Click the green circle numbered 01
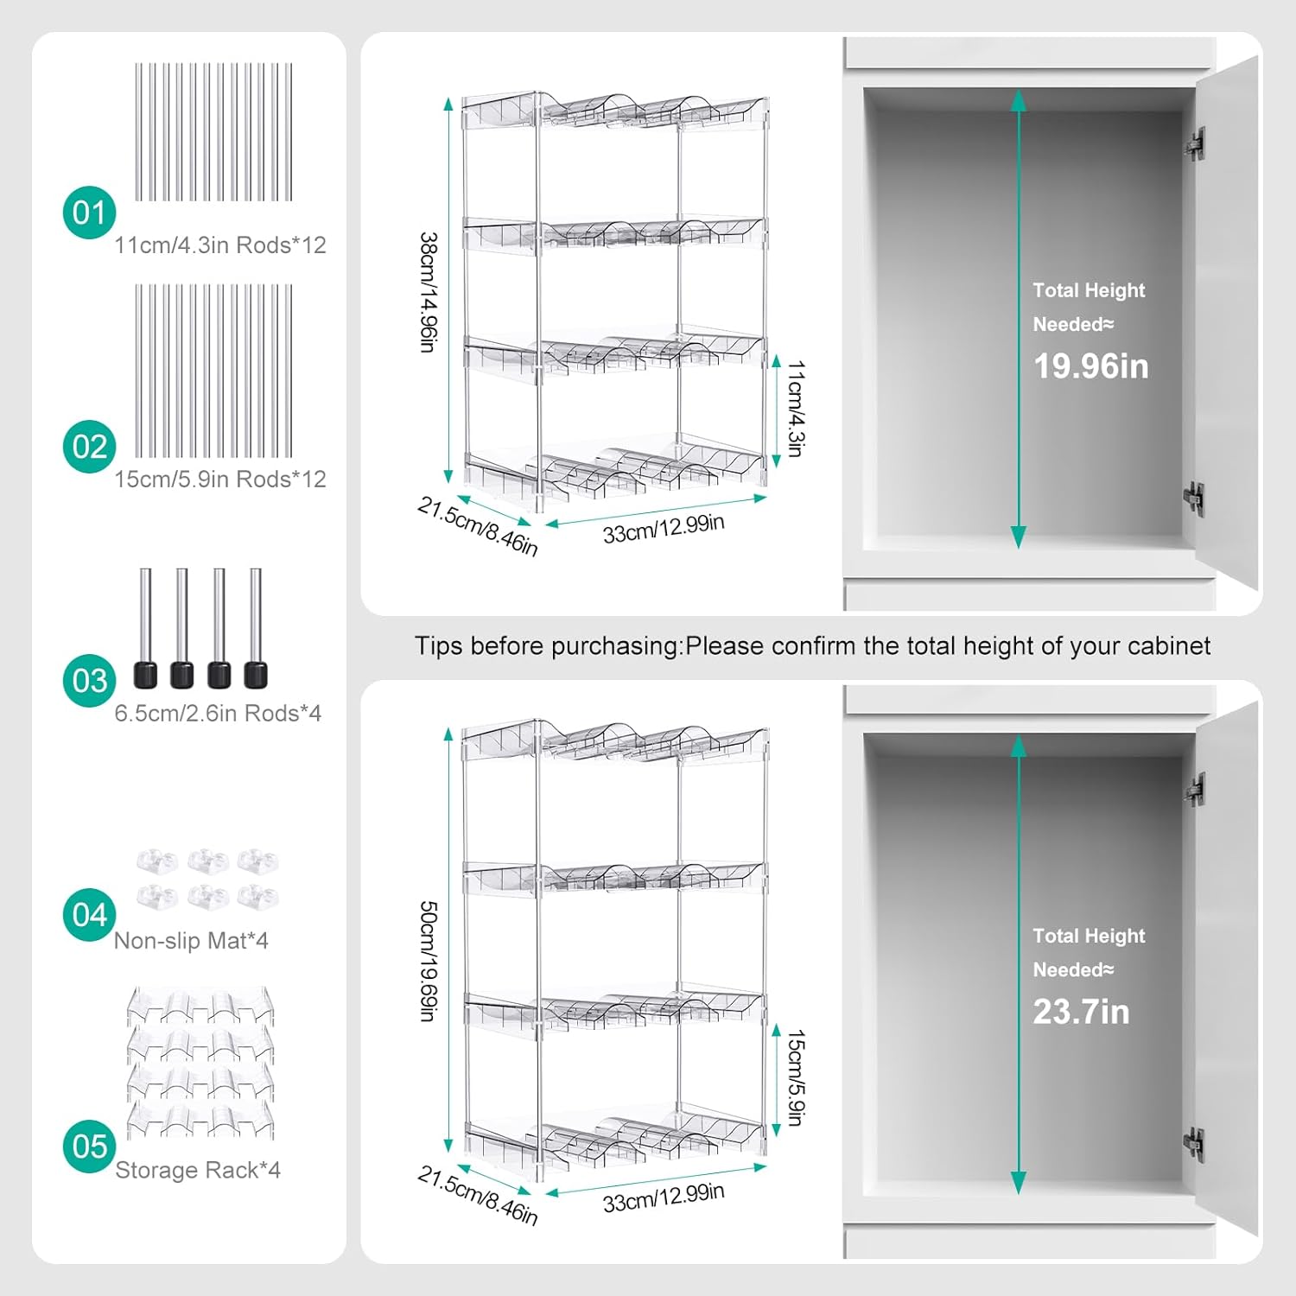point(89,213)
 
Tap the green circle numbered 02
point(89,447)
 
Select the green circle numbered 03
point(89,681)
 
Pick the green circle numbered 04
point(89,915)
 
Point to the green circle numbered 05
point(89,1147)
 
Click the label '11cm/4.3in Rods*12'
point(220,245)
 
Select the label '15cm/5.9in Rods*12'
point(220,480)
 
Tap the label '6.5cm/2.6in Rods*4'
point(218,714)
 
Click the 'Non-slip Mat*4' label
point(191,941)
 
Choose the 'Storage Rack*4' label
point(198,1170)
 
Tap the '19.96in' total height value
point(1091,366)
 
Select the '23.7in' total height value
point(1082,1012)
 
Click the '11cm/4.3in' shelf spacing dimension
point(796,409)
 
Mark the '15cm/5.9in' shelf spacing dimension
point(796,1078)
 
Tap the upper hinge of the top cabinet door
point(1195,144)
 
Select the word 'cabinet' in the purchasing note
point(1169,645)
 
